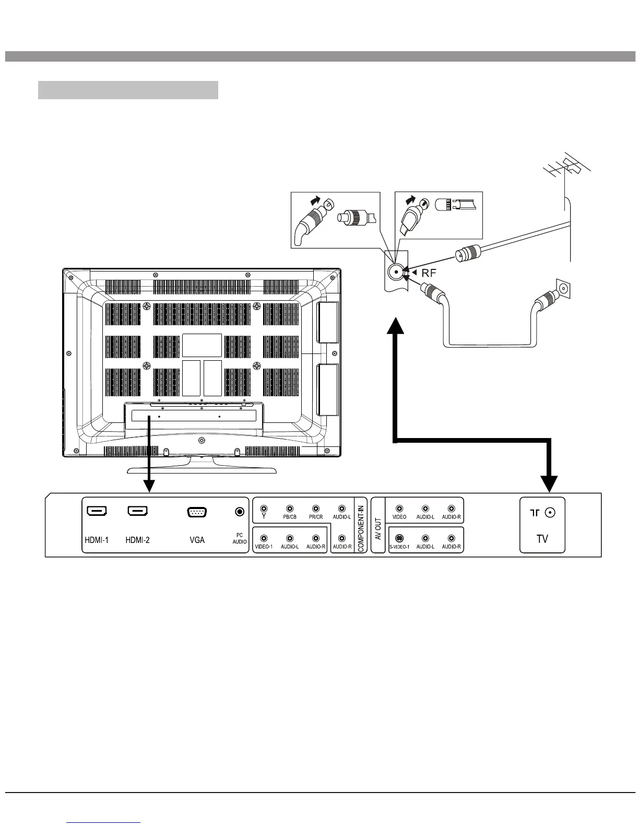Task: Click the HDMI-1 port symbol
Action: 97,511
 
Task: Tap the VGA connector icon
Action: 197,512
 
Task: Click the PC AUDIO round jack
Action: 240,512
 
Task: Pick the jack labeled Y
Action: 264,508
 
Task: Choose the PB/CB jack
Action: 290,509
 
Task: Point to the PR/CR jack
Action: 316,509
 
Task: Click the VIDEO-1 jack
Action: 264,538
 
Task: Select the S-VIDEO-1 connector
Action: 399,538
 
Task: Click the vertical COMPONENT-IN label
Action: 361,525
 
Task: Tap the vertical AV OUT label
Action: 378,525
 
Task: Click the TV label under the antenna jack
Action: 542,539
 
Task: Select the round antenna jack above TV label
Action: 549,513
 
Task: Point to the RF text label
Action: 428,272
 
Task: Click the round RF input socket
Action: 394,272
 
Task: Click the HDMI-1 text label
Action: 97,540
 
